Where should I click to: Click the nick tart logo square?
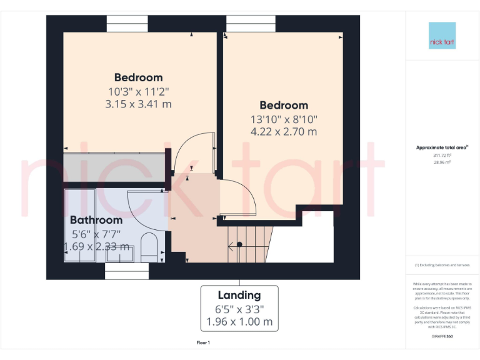[x=442, y=36]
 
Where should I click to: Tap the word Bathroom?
[x=96, y=220]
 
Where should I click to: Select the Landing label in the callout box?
[x=239, y=295]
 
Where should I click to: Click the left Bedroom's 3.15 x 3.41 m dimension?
[x=138, y=104]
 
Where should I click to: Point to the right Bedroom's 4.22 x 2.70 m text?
[x=284, y=131]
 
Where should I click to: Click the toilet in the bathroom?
[x=149, y=248]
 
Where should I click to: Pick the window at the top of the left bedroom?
[x=127, y=23]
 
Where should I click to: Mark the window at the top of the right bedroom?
[x=250, y=23]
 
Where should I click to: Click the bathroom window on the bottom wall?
[x=127, y=271]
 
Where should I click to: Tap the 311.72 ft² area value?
[x=442, y=155]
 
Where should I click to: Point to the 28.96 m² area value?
[x=442, y=161]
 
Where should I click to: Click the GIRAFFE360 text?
[x=442, y=336]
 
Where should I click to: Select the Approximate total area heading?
[x=442, y=147]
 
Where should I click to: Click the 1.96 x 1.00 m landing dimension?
[x=239, y=322]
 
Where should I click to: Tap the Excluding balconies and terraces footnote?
[x=442, y=265]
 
